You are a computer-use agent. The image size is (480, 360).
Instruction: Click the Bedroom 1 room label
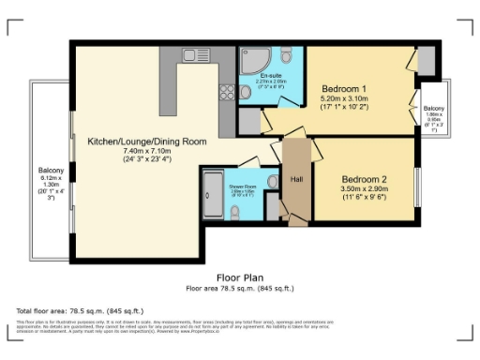(x=344, y=89)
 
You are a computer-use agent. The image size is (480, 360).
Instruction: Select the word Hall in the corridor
(x=296, y=178)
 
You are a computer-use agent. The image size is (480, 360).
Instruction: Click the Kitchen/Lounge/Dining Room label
(x=147, y=142)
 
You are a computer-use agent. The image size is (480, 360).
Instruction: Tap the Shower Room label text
(x=242, y=187)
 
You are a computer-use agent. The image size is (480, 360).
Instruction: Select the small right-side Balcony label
(x=433, y=110)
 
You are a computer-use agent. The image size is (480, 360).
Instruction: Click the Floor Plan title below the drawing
(x=240, y=277)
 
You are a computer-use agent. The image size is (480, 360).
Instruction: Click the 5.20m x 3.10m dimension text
(x=344, y=98)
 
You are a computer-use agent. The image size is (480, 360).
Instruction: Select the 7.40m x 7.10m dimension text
(x=147, y=152)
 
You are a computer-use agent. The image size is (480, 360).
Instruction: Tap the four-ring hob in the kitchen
(x=226, y=92)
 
